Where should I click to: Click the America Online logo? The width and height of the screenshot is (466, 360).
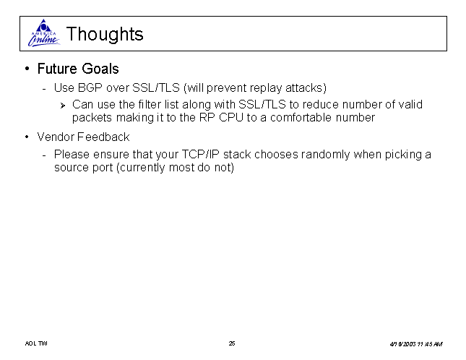click(x=44, y=33)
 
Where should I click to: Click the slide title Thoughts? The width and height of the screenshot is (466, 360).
click(x=105, y=34)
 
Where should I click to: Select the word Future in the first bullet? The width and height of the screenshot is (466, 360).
click(x=57, y=69)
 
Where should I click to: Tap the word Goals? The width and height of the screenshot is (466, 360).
click(x=100, y=69)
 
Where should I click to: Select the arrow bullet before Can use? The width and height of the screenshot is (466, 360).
click(x=62, y=106)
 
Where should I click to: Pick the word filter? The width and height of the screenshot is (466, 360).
click(x=149, y=104)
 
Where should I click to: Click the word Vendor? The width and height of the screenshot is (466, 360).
click(x=56, y=137)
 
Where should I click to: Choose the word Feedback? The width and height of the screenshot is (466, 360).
click(x=103, y=137)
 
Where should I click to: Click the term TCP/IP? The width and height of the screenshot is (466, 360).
click(x=200, y=155)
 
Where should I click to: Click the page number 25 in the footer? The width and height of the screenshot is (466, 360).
click(x=232, y=343)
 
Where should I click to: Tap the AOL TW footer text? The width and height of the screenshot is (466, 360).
click(x=36, y=343)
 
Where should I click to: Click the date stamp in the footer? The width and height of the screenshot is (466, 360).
click(x=416, y=344)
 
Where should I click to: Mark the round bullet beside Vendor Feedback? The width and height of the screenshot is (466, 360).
click(x=27, y=137)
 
